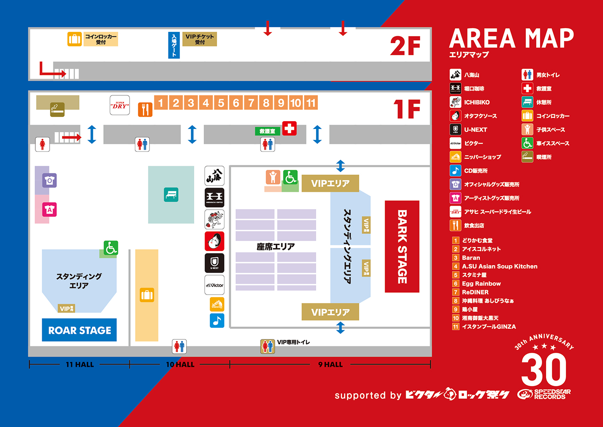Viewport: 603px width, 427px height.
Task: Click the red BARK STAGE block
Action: tap(401, 246)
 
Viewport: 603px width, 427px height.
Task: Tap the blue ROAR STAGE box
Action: tap(79, 330)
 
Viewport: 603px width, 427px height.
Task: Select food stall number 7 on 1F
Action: tap(251, 103)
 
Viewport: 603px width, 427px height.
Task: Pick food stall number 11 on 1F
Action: tap(311, 103)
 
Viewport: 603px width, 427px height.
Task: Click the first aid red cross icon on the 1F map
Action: tap(289, 128)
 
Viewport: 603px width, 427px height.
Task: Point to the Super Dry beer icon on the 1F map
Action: tap(120, 105)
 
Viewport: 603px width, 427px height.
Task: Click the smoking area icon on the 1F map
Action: tap(57, 110)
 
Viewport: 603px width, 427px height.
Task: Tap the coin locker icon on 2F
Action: tap(75, 39)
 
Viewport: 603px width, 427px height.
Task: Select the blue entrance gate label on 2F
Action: tap(174, 45)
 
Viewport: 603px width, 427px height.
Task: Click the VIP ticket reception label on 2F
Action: tap(199, 39)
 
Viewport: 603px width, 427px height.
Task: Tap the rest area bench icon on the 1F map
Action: tap(171, 195)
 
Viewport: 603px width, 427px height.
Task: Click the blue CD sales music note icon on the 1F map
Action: tap(217, 320)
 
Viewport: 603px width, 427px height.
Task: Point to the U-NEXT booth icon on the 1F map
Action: tap(214, 263)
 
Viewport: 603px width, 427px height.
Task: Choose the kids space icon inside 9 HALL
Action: tap(273, 177)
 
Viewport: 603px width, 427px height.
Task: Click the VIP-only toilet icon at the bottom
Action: tap(267, 346)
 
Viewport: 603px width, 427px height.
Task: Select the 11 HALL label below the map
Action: tap(80, 364)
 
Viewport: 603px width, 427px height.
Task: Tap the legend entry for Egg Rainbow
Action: tap(481, 283)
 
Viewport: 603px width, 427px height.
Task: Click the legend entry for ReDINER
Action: tap(475, 292)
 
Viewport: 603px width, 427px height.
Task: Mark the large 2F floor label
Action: tap(405, 46)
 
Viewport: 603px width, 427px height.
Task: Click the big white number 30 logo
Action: tap(544, 370)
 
